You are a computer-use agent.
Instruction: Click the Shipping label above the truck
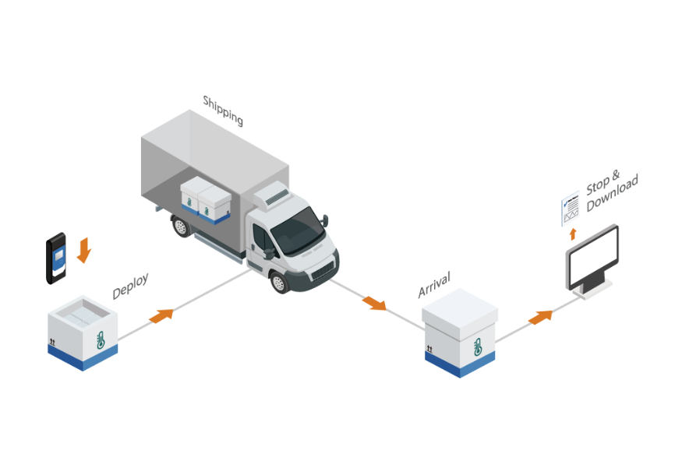pos(223,111)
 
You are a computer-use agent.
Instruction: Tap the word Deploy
pos(130,286)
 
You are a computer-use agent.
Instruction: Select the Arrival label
pos(434,285)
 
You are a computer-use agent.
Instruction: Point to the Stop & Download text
pos(611,192)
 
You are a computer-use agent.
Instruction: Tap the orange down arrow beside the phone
pos(84,250)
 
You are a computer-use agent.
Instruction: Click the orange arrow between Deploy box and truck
pos(161,315)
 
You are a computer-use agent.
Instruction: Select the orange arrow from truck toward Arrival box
pos(374,303)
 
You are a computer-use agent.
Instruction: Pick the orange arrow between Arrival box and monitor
pos(540,317)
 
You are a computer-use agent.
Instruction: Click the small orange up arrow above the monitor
pos(573,234)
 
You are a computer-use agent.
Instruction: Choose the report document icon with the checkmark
pos(570,209)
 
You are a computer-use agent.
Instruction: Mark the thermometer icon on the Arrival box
pos(478,348)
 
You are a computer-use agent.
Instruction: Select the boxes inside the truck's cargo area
pos(204,200)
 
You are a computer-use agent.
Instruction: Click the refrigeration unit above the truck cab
pos(270,197)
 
